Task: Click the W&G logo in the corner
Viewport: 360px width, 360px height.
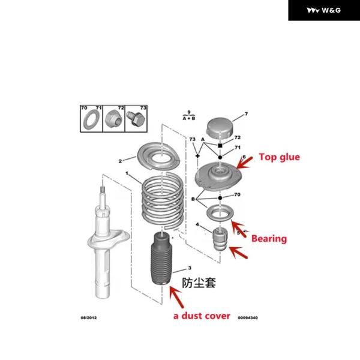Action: coord(323,10)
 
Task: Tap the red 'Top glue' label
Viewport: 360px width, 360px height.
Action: coord(278,157)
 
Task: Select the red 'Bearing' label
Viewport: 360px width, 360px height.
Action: coord(268,238)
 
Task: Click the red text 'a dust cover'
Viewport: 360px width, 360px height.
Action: coord(202,315)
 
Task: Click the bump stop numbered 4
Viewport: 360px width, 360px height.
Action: coord(220,239)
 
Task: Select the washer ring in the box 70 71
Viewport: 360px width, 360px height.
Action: coord(91,118)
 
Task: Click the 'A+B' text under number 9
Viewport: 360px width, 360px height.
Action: coord(189,119)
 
